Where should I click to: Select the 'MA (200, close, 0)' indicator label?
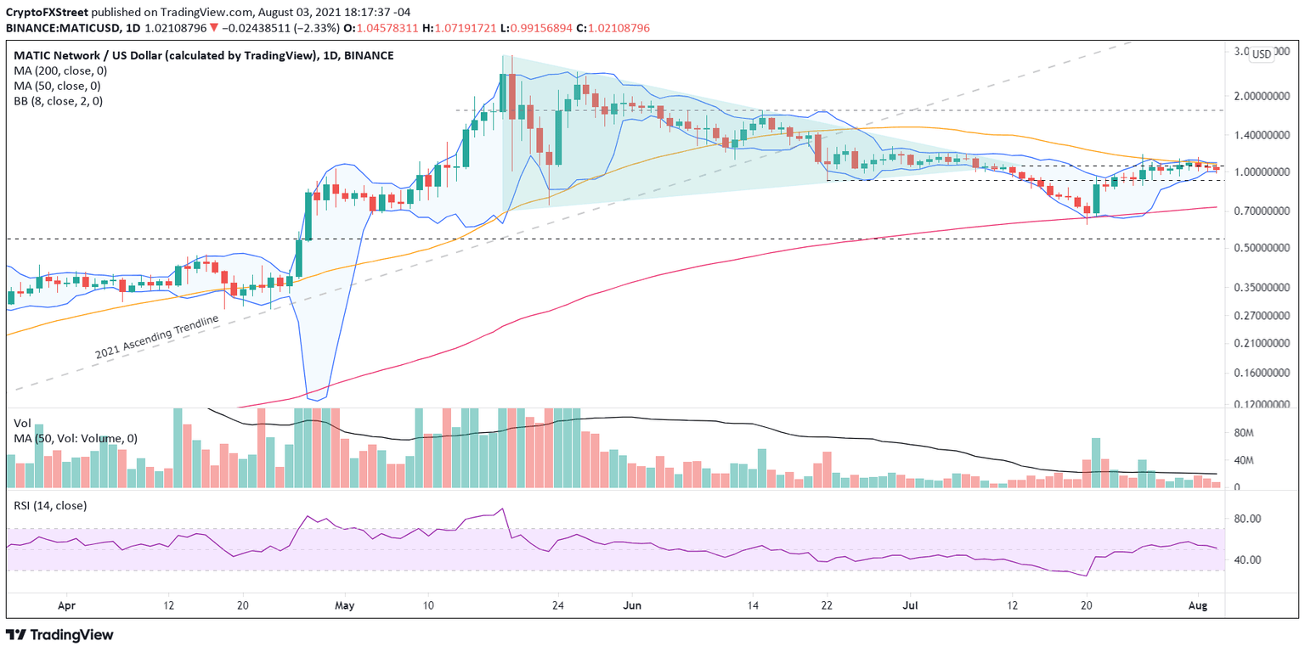tap(59, 70)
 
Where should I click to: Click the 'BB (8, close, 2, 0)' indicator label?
tap(57, 101)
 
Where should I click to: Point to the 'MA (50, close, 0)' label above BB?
tap(56, 86)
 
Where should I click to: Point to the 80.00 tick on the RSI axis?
tap(1251, 519)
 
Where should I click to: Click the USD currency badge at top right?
tap(1262, 54)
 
